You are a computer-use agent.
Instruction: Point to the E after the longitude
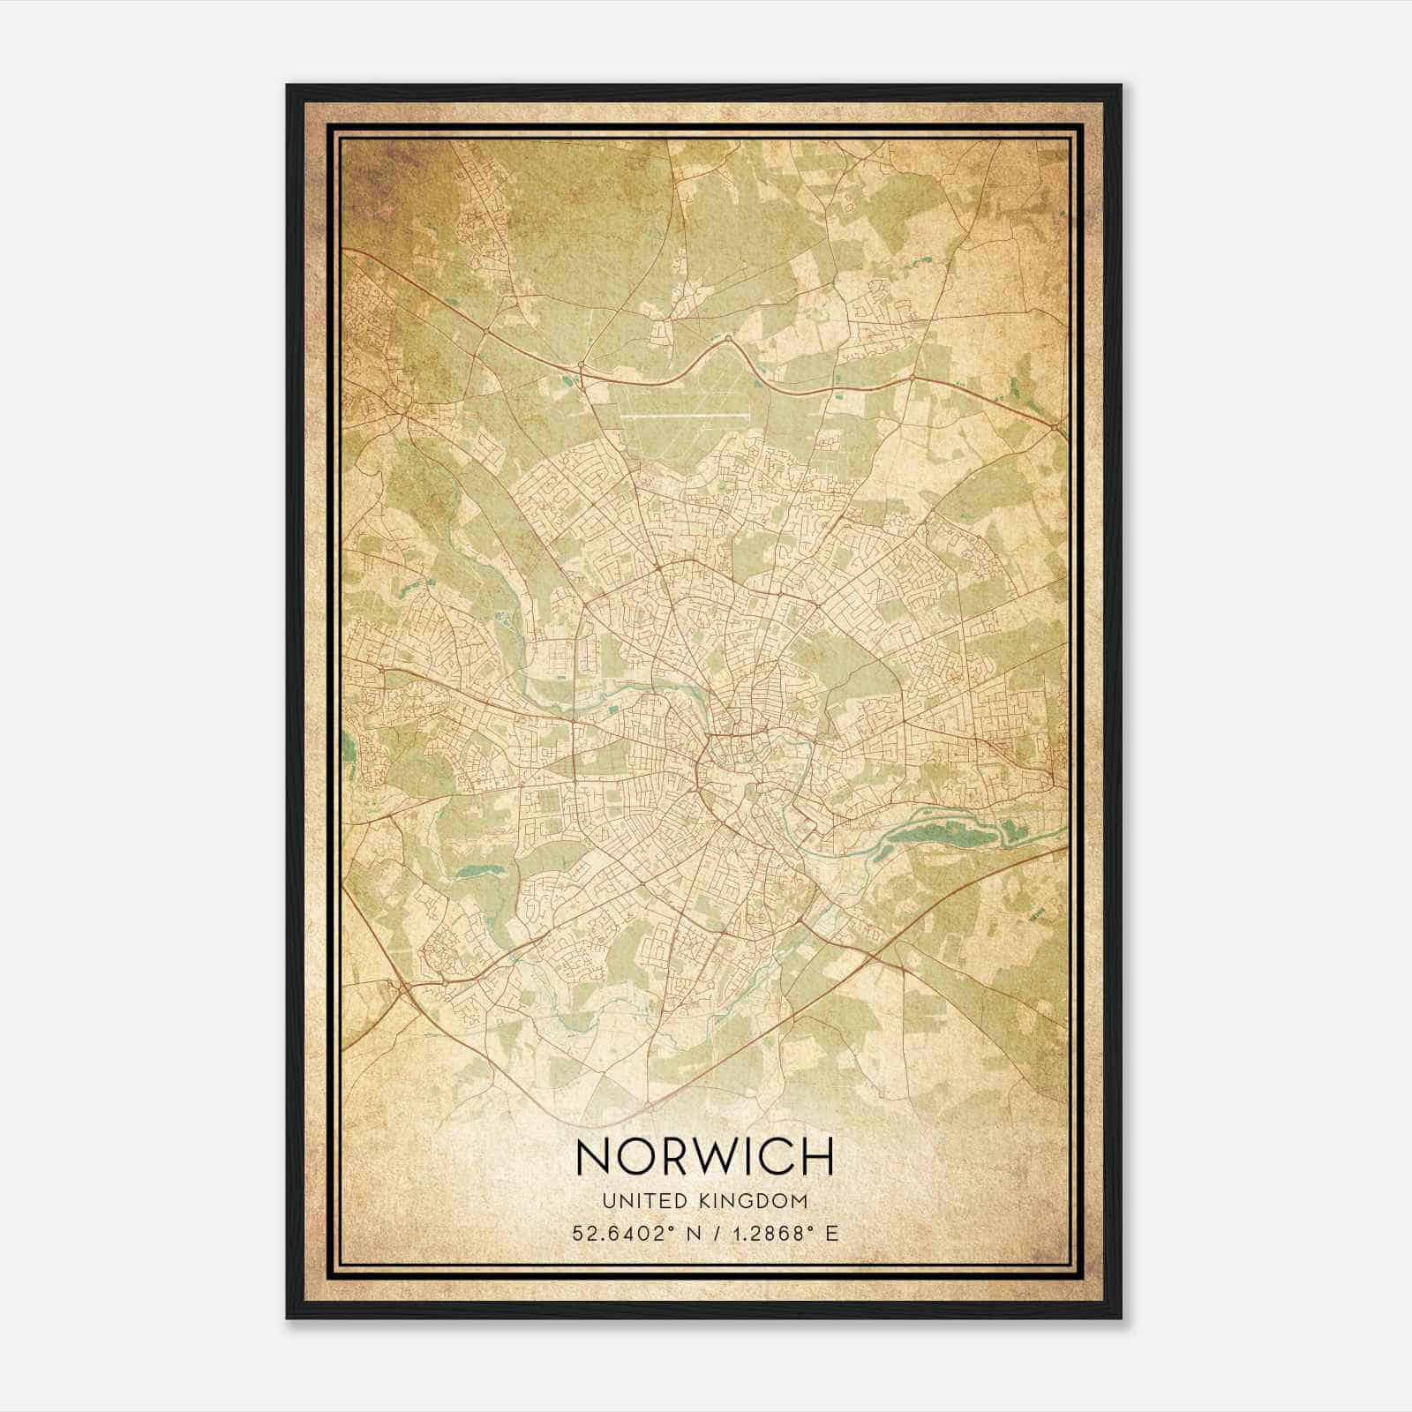832,1233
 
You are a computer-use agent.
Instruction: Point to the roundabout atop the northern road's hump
728,338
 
